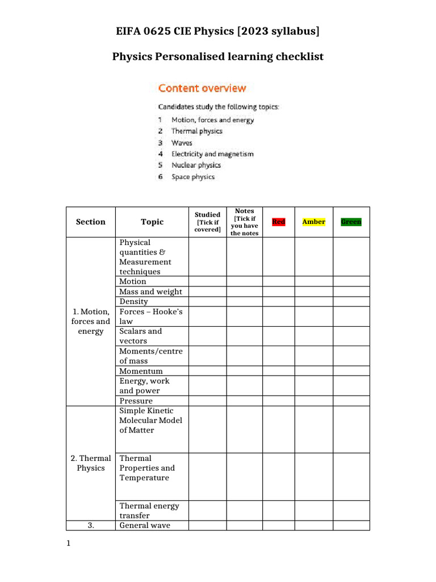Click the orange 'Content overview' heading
pyautogui.click(x=202, y=88)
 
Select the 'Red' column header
pyautogui.click(x=278, y=222)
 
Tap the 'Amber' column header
pyautogui.click(x=313, y=222)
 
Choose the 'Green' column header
pyautogui.click(x=351, y=222)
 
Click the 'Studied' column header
pyautogui.click(x=207, y=222)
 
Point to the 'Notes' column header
pyautogui.click(x=244, y=222)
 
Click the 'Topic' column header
pyautogui.click(x=152, y=222)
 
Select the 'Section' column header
pyautogui.click(x=90, y=222)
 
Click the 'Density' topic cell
pyautogui.click(x=133, y=301)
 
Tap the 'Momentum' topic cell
pyautogui.click(x=141, y=371)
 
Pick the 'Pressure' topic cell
pyautogui.click(x=136, y=401)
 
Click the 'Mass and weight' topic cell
pyautogui.click(x=150, y=292)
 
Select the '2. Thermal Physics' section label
pyautogui.click(x=90, y=463)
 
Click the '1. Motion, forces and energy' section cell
pyautogui.click(x=90, y=321)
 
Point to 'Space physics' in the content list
pyautogui.click(x=193, y=177)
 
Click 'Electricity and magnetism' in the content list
pyautogui.click(x=212, y=154)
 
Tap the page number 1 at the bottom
pyautogui.click(x=68, y=544)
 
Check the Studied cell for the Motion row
pyautogui.click(x=207, y=281)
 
